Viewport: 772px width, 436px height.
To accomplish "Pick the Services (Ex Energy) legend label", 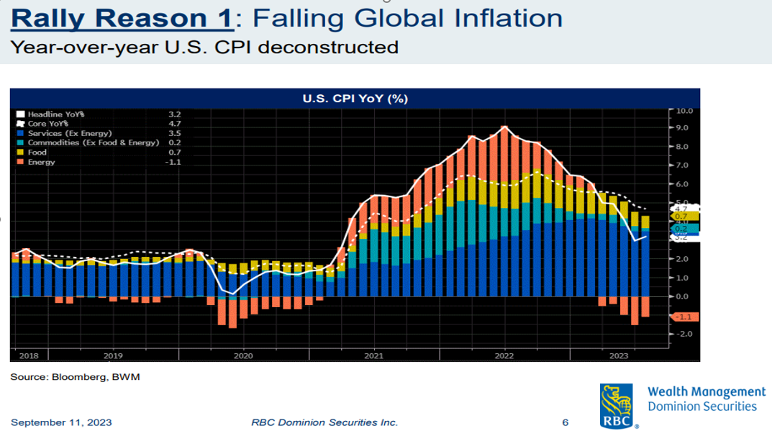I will click(x=70, y=133).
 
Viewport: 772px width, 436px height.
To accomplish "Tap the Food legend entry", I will click(x=37, y=153).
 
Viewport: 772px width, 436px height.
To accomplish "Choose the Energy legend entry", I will click(x=41, y=162).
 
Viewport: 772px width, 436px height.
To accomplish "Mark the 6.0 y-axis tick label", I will click(x=683, y=184).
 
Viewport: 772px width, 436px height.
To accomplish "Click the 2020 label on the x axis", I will click(x=243, y=355).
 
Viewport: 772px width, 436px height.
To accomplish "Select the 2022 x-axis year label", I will click(x=504, y=355).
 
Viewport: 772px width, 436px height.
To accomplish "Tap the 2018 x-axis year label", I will click(x=29, y=355).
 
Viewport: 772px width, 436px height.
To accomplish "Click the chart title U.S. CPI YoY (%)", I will click(x=355, y=99).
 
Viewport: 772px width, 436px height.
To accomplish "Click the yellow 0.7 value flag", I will click(x=682, y=216).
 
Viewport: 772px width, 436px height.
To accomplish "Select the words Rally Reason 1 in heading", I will click(x=122, y=18).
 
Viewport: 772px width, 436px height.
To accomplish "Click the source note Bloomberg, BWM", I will click(x=75, y=377).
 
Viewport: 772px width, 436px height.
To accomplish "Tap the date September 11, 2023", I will click(x=61, y=422).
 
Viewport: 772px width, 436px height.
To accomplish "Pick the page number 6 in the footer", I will click(x=565, y=422).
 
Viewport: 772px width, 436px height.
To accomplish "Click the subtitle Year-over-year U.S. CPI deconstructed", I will click(x=204, y=47).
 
